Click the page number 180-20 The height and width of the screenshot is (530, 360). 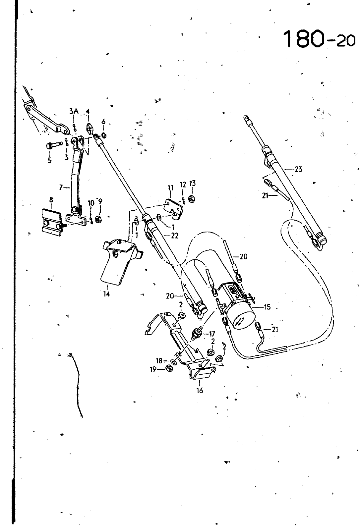(x=320, y=39)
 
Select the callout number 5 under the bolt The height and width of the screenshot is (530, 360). (x=49, y=160)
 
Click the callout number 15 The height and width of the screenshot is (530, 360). (x=267, y=307)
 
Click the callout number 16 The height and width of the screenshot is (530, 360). (x=200, y=390)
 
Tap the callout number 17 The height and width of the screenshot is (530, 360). (x=212, y=334)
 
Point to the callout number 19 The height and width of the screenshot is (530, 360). (x=153, y=369)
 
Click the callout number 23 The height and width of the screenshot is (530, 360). (x=299, y=169)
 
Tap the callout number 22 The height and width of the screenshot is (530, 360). (x=175, y=236)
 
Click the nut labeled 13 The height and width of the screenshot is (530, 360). (x=191, y=199)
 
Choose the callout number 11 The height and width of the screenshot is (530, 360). (x=170, y=188)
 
